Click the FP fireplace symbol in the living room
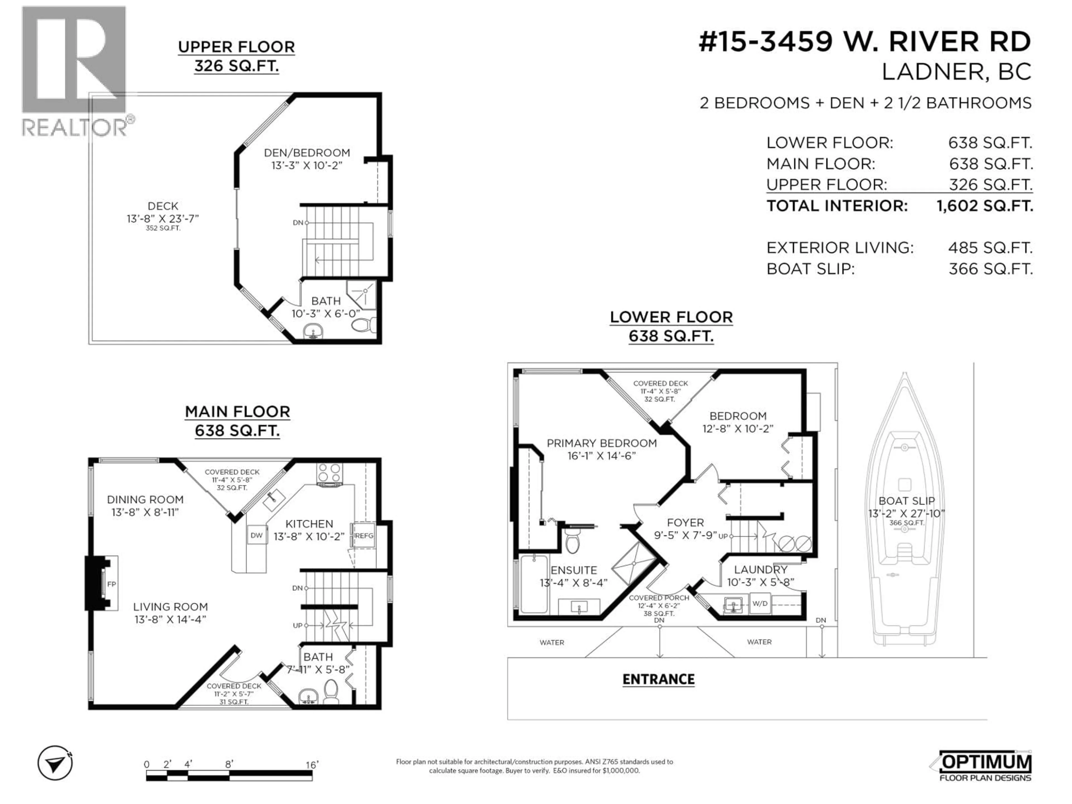(x=111, y=584)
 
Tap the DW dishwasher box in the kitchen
(x=256, y=535)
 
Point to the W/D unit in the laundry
(x=760, y=603)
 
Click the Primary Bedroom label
(x=601, y=443)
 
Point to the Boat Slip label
(x=906, y=501)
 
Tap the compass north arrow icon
(x=55, y=763)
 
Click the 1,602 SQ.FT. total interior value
(x=984, y=206)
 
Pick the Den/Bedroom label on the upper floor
(x=307, y=153)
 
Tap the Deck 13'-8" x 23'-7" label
(x=163, y=212)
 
